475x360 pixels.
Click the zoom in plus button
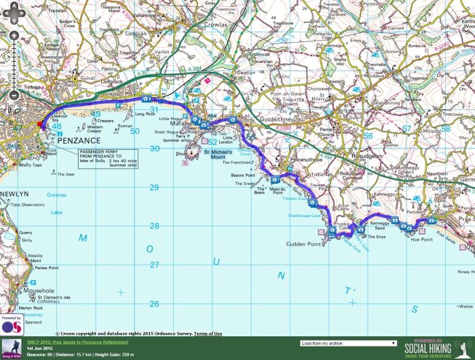(x=13, y=35)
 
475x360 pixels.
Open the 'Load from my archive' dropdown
(x=347, y=343)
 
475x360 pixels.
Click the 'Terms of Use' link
(x=208, y=334)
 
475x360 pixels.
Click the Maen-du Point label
(x=277, y=193)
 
